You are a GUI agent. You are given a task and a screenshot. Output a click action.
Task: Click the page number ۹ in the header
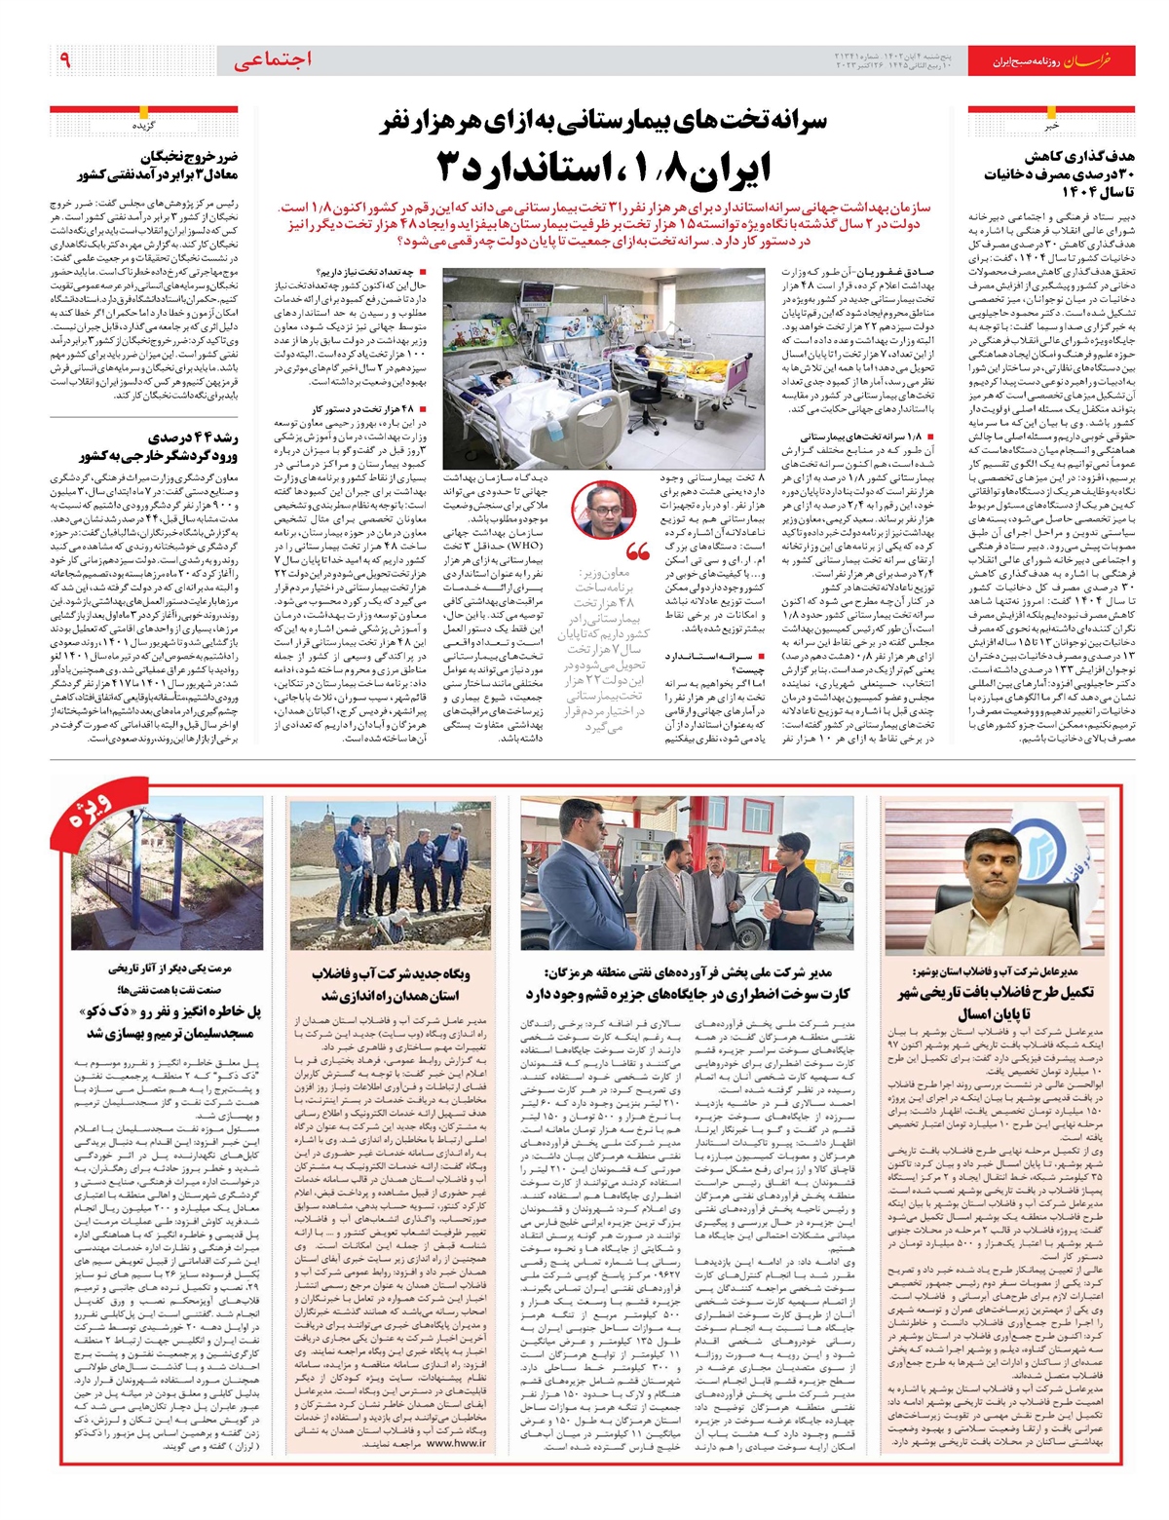click(x=65, y=60)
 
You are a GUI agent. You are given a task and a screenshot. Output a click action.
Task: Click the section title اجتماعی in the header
click(x=274, y=60)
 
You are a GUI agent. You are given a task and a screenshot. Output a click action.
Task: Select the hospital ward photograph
click(x=604, y=367)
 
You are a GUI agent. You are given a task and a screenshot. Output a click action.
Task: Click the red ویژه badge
click(x=94, y=817)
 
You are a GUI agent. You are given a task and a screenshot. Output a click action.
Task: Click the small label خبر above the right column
click(x=1077, y=126)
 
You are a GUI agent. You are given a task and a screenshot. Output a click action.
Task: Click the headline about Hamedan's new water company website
click(x=390, y=984)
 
